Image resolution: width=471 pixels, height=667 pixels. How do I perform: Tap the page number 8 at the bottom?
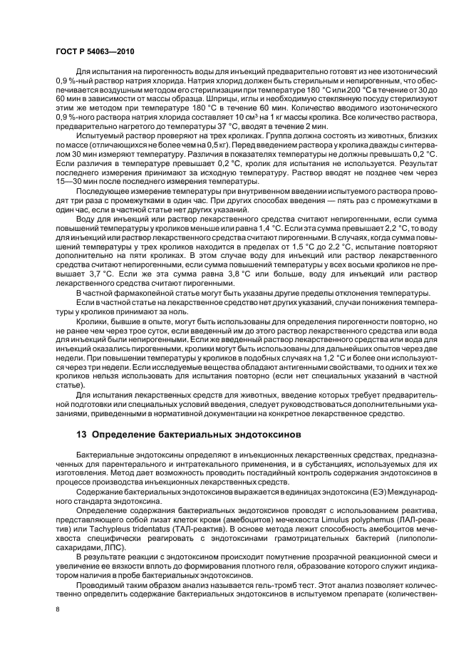pos(58,609)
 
